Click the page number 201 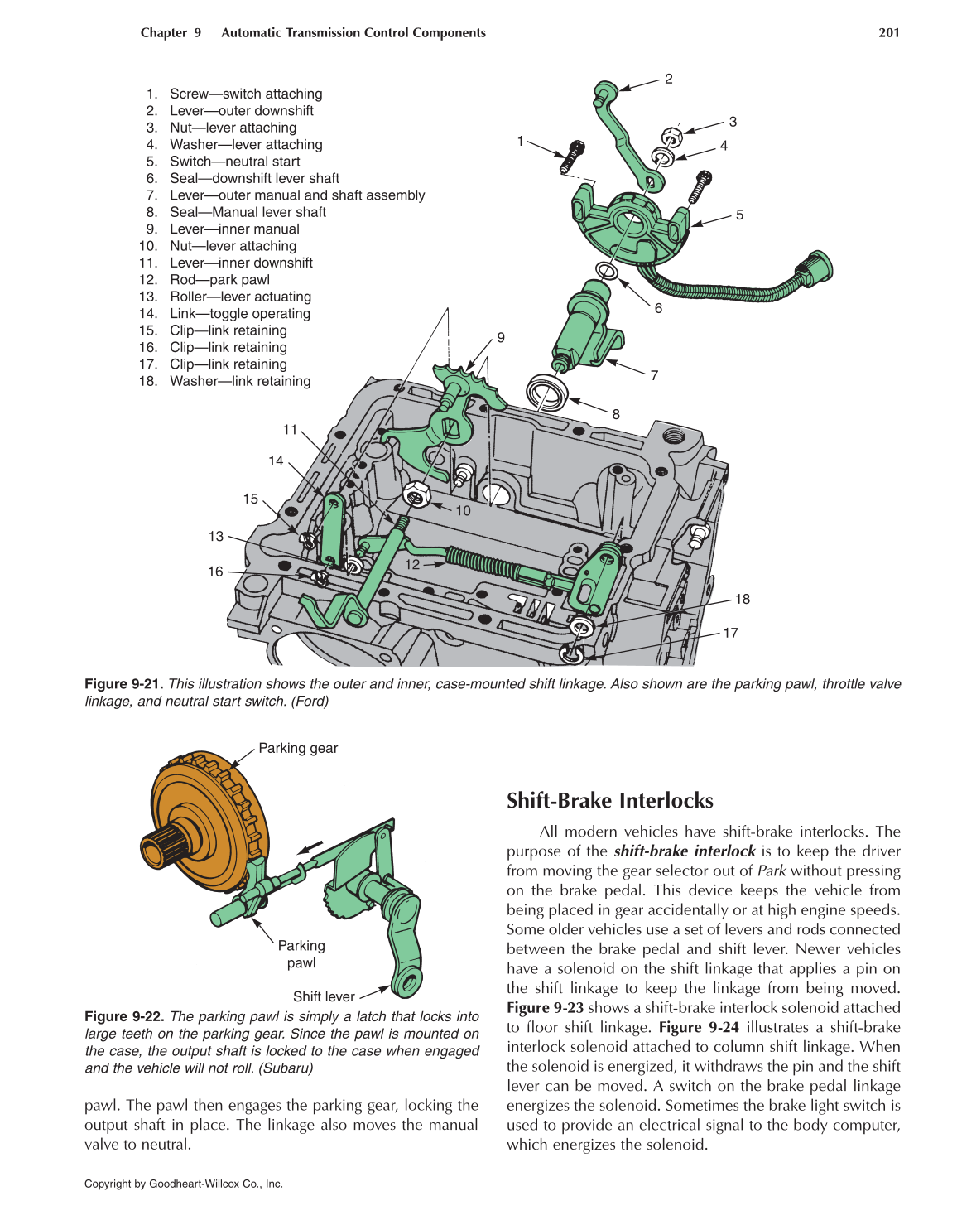888,33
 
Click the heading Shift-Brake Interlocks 609,800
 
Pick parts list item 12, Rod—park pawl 219,280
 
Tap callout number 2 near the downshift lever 668,80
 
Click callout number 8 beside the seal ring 616,414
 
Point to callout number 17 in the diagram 730,633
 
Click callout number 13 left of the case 216,537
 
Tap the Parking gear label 298,748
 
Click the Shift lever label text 324,996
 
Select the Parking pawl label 301,954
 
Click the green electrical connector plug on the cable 815,269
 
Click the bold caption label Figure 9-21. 123,684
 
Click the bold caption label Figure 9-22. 123,1016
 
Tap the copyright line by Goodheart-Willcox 184,1184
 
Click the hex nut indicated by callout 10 416,494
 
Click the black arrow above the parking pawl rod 311,846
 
